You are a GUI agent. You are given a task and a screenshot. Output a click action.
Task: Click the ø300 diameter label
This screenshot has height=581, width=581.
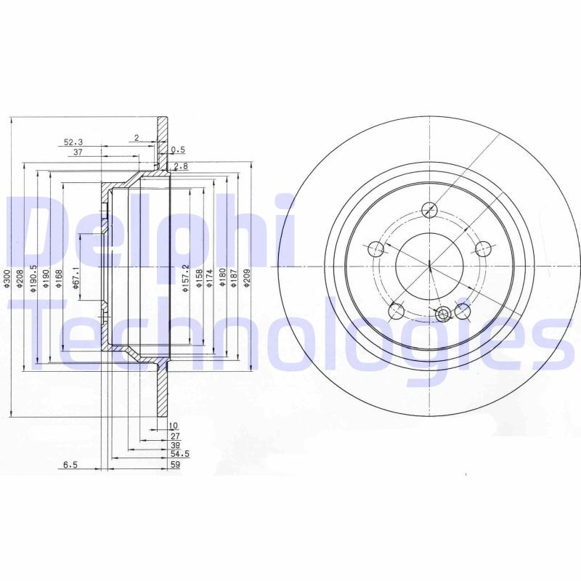(7, 279)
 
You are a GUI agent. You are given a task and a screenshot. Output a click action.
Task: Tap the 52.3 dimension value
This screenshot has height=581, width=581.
(73, 142)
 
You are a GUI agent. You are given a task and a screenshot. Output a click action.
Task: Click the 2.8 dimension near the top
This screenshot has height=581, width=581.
(181, 166)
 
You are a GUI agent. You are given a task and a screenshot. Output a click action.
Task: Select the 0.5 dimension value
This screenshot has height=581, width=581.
(178, 150)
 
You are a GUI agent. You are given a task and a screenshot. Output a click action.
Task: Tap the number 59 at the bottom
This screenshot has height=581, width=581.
(174, 464)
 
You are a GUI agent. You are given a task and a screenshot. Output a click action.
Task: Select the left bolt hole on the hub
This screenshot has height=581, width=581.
(375, 249)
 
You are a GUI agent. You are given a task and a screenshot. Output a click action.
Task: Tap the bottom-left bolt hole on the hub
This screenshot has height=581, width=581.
(396, 312)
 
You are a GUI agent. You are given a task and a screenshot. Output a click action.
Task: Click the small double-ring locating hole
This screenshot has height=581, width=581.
(444, 314)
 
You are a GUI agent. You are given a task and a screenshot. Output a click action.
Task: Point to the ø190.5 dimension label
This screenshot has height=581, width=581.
(33, 279)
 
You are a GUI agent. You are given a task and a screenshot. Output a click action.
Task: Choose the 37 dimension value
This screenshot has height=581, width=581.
(77, 153)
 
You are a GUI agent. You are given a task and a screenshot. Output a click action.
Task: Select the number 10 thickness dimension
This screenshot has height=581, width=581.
(174, 426)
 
